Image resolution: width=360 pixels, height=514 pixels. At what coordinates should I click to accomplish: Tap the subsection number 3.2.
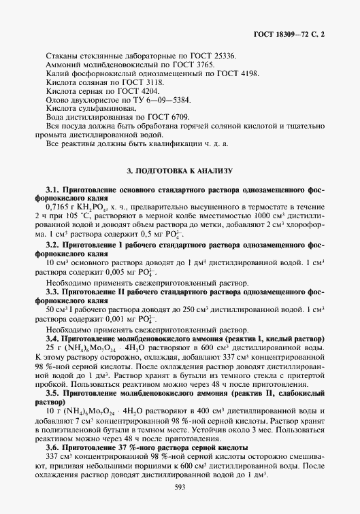pos(52,242)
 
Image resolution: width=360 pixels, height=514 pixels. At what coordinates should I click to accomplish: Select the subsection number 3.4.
pos(52,337)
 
